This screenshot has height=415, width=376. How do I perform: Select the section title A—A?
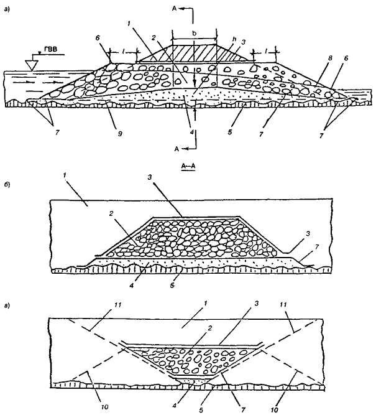[188, 166]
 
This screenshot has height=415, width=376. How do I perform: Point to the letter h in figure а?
[234, 39]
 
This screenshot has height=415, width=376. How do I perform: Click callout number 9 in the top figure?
[119, 134]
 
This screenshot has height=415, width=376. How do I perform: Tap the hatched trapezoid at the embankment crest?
[195, 54]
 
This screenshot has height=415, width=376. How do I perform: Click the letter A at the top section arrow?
[174, 9]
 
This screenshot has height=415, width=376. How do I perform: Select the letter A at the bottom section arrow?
[177, 149]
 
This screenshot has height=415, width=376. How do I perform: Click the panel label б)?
[7, 185]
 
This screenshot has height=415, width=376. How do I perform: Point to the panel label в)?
[7, 306]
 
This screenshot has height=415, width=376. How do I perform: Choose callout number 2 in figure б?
[111, 213]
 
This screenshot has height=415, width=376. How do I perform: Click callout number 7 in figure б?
[317, 246]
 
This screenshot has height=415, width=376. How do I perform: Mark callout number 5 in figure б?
[172, 286]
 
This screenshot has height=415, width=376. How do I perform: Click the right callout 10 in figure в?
[275, 409]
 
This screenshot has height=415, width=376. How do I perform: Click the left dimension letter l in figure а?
[124, 53]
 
